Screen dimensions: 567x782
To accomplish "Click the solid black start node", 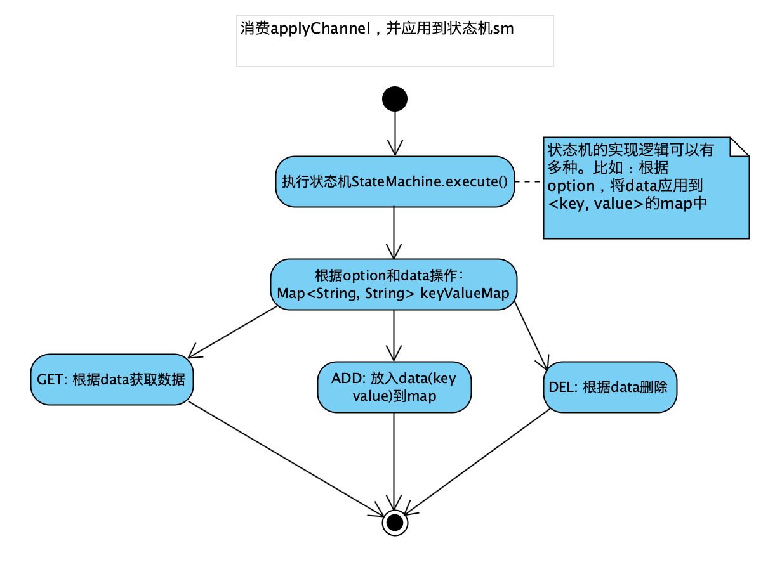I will (394, 99).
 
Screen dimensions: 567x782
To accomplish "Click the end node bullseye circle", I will (394, 522).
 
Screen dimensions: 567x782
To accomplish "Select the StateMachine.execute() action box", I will (394, 181).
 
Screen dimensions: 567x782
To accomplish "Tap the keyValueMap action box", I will (394, 284).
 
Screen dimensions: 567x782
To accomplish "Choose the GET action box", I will (111, 380).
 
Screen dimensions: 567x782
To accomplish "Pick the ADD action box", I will (394, 387).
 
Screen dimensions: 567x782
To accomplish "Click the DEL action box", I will (610, 387).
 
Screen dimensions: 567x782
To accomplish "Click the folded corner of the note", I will (740, 147).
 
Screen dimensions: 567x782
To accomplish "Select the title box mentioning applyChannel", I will (395, 41).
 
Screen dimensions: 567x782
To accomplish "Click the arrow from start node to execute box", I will (394, 133).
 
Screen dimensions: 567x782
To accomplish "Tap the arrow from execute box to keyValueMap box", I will (394, 232).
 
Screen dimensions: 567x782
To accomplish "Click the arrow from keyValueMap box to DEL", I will (531, 336).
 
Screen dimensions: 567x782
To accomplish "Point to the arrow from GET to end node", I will (286, 457).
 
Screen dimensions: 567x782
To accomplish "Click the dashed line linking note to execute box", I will (529, 181).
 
